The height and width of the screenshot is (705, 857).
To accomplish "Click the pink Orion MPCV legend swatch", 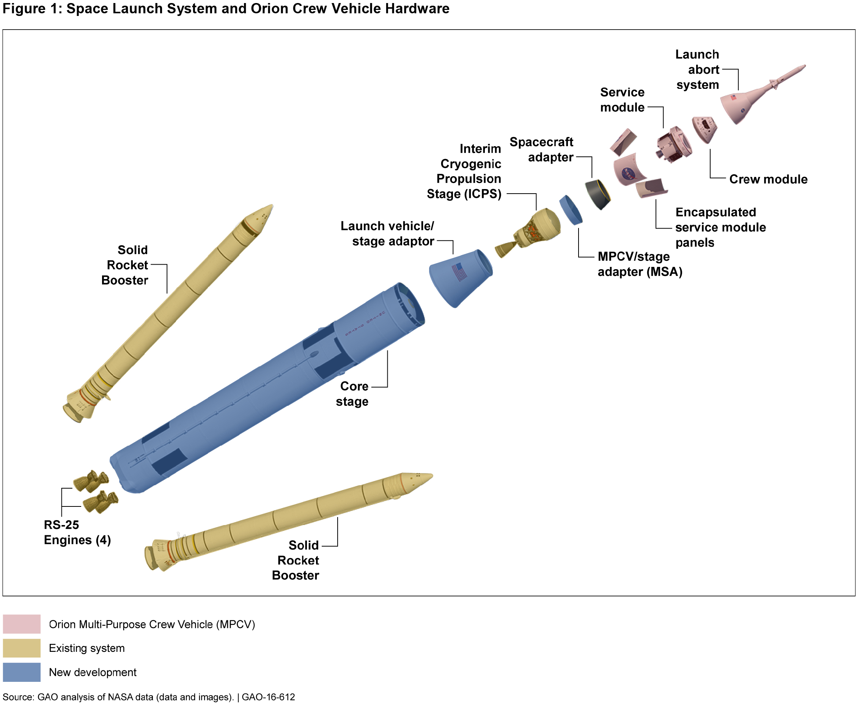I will pos(22,624).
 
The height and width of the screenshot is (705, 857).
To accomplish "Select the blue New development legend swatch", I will pos(22,672).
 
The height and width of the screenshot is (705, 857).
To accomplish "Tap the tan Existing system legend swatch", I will pos(22,648).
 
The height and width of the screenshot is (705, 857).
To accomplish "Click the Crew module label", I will pos(768,179).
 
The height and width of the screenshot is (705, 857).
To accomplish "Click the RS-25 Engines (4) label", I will pos(77,532).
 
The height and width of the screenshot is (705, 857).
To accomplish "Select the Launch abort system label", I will pos(697,69).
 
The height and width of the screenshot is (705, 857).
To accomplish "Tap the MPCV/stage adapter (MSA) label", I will pos(640,264).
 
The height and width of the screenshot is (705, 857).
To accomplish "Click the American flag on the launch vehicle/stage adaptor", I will pos(460,272).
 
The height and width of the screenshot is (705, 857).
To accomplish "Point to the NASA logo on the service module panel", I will pos(629,174).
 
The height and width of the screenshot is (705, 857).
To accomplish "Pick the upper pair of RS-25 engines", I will pos(91,481).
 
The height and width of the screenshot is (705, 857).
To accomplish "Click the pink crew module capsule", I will pos(704,129).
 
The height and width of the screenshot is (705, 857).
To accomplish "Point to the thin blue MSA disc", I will pos(571,210).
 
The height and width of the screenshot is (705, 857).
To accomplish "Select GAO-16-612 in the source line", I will pos(268,697).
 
